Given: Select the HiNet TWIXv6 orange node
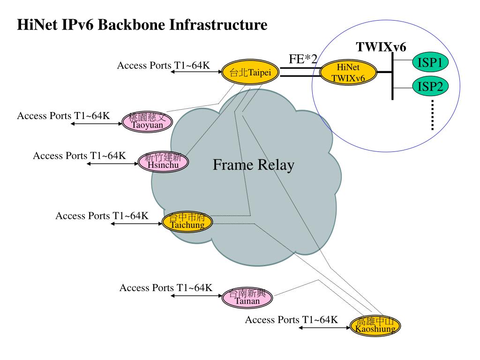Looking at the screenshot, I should coord(348,73).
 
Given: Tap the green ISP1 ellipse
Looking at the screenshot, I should coord(430,62).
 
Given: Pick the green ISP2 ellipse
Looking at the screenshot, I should coord(430,86).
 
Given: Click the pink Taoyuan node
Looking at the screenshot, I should coord(147,120).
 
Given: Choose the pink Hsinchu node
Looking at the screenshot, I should coord(163,161).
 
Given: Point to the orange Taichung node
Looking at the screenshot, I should coord(187,221).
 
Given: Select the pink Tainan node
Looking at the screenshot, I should coord(247,297).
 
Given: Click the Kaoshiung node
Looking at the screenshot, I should coord(375,325).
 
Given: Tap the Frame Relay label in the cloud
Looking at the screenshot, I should coord(254,165).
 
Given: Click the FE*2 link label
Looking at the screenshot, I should coord(303,60).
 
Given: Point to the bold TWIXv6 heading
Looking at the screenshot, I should coord(381,47).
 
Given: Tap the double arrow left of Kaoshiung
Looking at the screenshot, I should coord(324,327).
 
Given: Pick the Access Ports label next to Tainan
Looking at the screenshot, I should coord(166,288).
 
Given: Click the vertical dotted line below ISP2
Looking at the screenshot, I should coord(432,114).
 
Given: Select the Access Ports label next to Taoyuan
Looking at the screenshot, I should coord(64,116).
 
